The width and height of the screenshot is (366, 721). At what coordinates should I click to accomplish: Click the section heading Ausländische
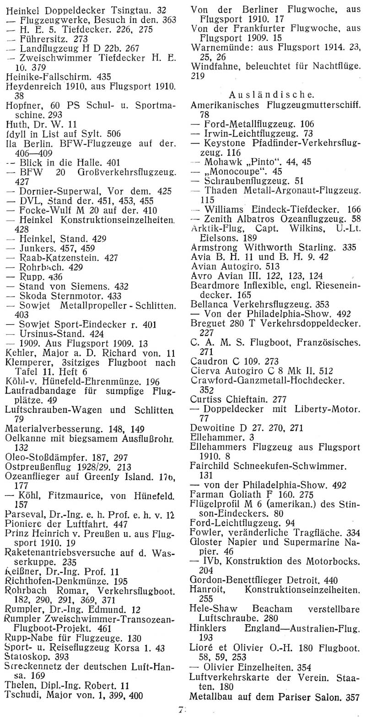pos(271,95)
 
